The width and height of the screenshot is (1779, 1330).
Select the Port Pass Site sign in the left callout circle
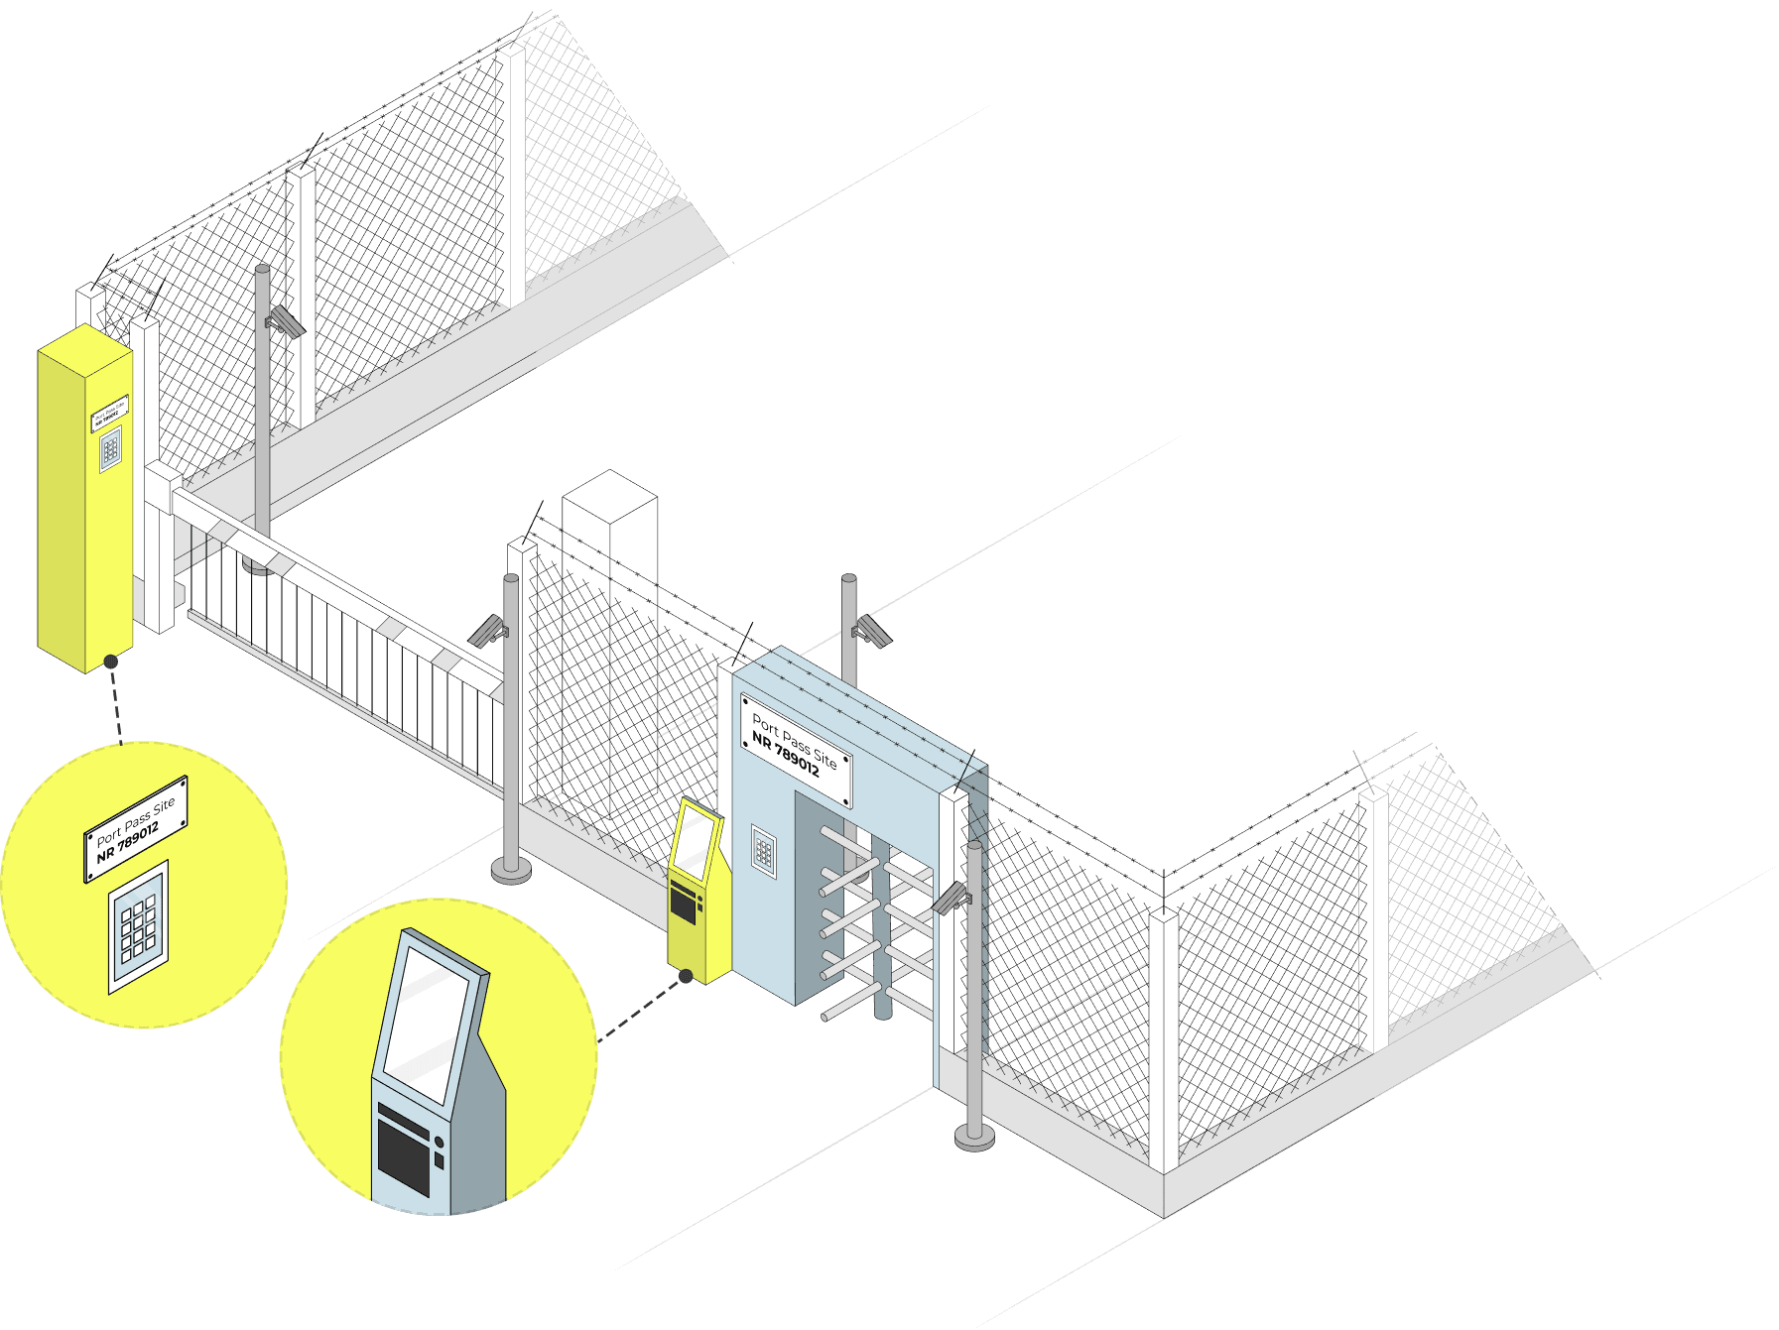coord(136,828)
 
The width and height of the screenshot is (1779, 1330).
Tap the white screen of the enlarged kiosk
coord(426,1021)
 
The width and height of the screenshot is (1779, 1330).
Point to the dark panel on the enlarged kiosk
coord(404,1154)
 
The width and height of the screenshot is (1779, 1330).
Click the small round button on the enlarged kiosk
coord(439,1143)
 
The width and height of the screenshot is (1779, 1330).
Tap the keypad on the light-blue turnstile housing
coord(763,851)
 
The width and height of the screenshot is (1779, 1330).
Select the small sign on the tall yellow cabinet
coord(110,414)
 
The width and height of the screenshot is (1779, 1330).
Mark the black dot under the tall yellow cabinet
coord(111,662)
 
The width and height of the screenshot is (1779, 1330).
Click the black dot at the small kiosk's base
coord(685,977)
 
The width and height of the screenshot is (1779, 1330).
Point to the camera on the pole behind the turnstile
coord(872,630)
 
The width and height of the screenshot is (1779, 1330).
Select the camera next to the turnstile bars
coord(953,898)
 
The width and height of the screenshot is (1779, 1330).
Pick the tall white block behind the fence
coord(609,645)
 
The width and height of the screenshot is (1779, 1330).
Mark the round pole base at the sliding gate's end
coord(511,871)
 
